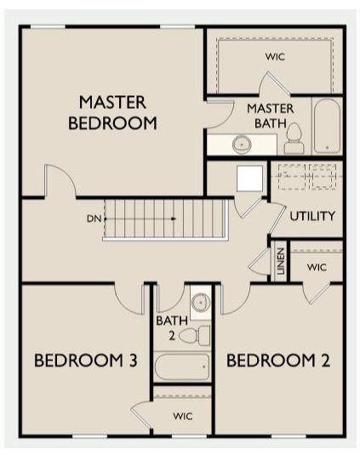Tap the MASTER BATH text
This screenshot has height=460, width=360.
(x=271, y=116)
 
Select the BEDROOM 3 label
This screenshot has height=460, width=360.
(x=86, y=361)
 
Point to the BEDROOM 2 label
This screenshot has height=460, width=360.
(x=277, y=361)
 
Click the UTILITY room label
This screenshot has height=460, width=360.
(x=312, y=216)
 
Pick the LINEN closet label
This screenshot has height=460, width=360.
(x=279, y=263)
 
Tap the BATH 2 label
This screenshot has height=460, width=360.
(x=167, y=328)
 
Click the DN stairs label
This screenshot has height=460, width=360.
(x=94, y=219)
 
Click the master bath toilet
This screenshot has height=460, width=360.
(x=294, y=139)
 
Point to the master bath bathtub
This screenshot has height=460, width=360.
(x=327, y=128)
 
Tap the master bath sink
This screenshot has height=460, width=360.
(x=242, y=145)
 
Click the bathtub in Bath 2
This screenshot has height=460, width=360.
(x=182, y=367)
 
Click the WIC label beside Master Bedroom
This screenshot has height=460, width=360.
(x=275, y=57)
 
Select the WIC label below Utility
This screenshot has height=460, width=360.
(x=317, y=267)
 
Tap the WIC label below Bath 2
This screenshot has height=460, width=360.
(x=183, y=417)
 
